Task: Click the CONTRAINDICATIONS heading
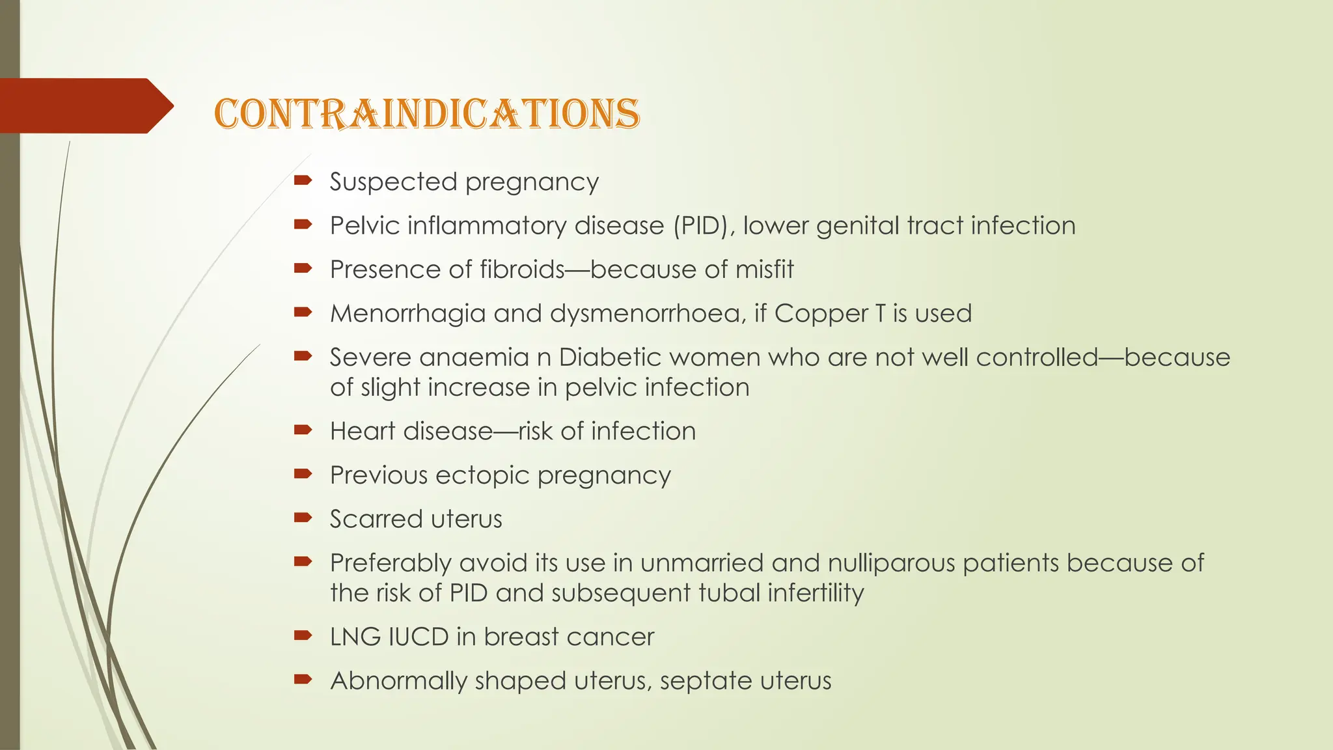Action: tap(426, 114)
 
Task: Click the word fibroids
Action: tap(521, 270)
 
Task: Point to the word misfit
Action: tap(765, 270)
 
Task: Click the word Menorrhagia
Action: tap(407, 314)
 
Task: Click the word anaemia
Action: tap(474, 357)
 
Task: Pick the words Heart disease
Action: tap(411, 431)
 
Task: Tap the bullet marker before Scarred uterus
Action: tap(303, 518)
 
